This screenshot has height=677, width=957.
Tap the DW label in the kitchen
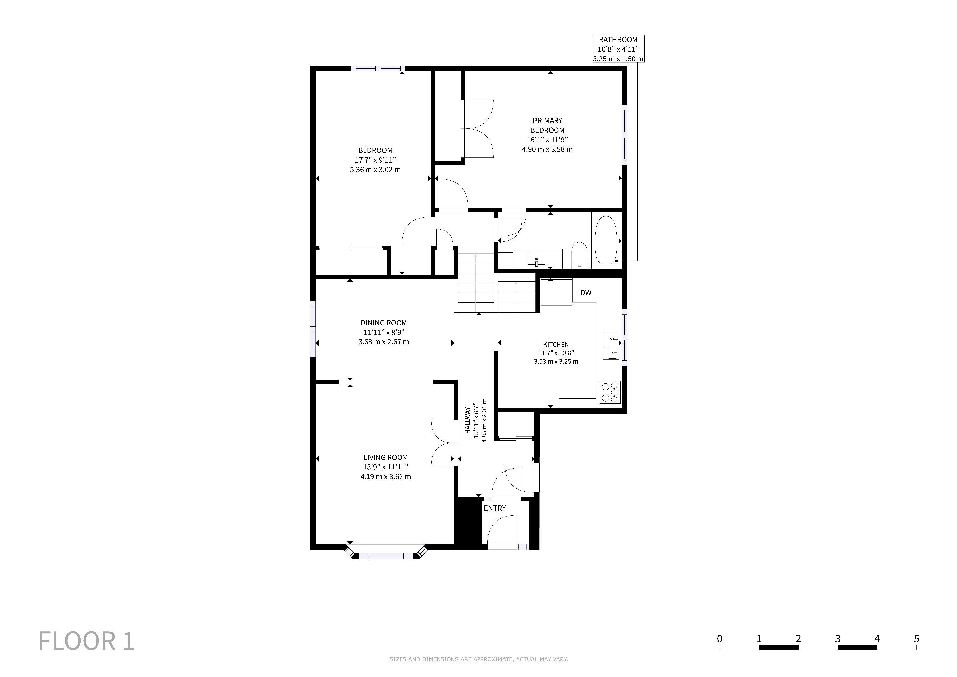tap(586, 293)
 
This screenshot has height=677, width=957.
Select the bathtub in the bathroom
tap(606, 240)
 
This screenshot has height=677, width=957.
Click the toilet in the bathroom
tap(579, 255)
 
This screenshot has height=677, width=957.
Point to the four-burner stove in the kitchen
tap(610, 392)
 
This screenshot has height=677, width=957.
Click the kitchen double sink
tap(611, 344)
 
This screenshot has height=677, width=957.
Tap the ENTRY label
tap(495, 508)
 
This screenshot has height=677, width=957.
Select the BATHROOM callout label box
tap(619, 49)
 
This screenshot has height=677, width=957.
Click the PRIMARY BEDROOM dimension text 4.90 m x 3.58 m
tap(547, 149)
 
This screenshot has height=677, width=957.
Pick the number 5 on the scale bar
tap(916, 639)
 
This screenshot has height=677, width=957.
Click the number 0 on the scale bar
tap(720, 639)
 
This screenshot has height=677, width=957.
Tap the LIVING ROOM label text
tap(386, 457)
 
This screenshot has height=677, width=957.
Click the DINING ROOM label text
tap(383, 323)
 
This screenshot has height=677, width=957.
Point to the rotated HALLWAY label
tap(468, 420)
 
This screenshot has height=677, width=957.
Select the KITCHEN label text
tap(556, 345)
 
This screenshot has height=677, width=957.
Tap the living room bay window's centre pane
tap(386, 555)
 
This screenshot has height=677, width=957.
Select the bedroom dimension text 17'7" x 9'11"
tap(375, 160)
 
